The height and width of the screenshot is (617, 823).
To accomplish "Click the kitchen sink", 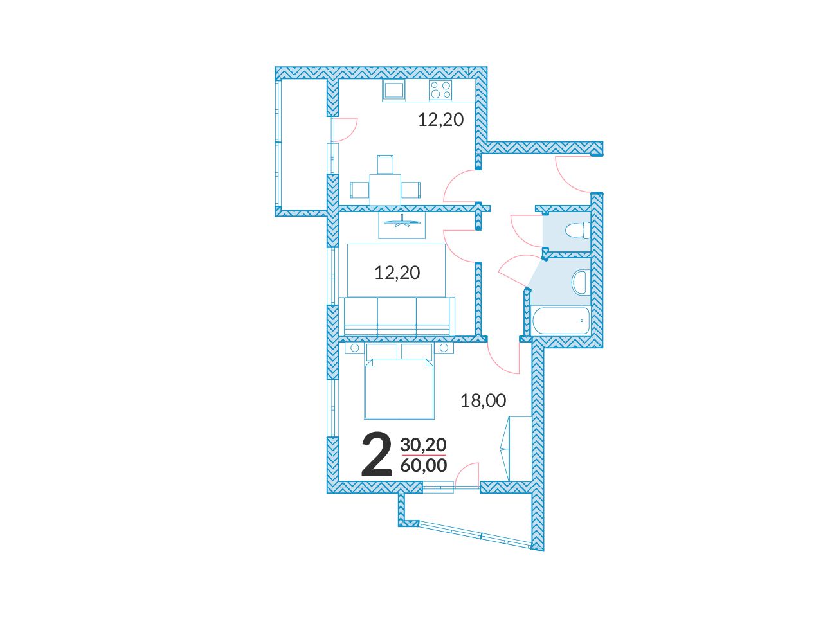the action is point(393,89).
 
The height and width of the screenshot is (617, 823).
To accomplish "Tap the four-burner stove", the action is point(440,90).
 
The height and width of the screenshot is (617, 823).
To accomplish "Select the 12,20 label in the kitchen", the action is point(441,120).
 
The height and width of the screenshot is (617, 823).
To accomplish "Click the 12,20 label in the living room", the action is point(397,273).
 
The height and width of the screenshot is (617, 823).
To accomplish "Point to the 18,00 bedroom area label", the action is point(484,400).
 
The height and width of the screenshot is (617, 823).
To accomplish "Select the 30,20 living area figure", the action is point(423,445).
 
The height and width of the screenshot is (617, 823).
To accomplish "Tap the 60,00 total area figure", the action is point(424,465).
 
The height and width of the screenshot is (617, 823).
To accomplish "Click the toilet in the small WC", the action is point(577,230).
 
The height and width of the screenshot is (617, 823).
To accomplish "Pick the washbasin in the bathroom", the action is point(580,282).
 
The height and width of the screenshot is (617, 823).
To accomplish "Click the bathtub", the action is point(561,321).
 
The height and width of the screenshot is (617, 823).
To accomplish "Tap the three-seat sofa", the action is point(397,316).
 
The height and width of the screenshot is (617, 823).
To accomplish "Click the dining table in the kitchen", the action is point(385,190).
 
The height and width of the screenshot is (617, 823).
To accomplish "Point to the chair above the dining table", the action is point(385,164).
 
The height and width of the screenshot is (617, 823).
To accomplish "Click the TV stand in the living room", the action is point(402,225).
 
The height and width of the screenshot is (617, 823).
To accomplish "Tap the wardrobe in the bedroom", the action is point(517,448).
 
